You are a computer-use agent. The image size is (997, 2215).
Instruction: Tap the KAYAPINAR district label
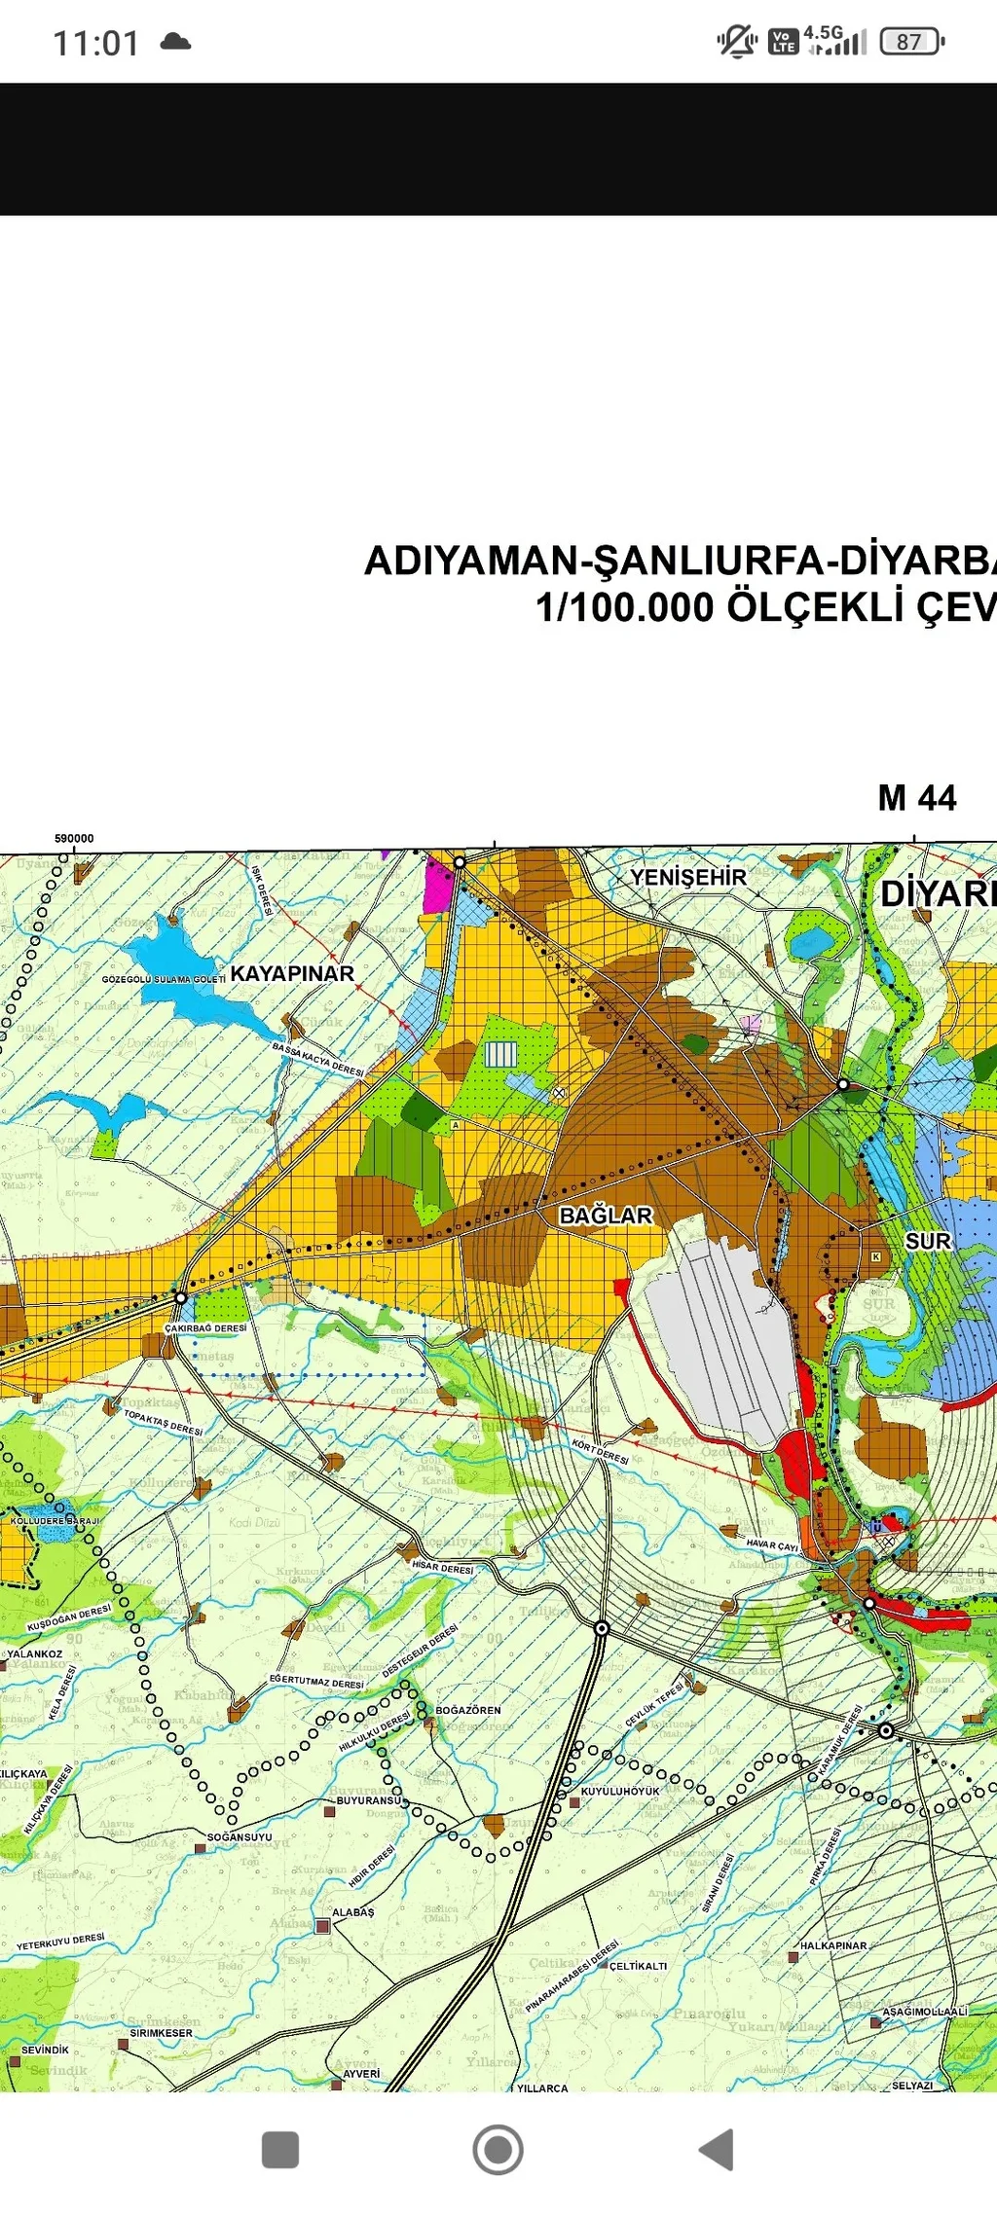pyautogui.click(x=292, y=973)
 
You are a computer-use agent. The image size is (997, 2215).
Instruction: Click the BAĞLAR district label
pyautogui.click(x=606, y=1215)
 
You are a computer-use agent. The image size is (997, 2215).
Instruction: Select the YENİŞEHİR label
pyautogui.click(x=687, y=877)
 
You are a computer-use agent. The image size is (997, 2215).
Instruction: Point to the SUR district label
pyautogui.click(x=927, y=1241)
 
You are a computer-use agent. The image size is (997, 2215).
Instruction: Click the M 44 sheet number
pyautogui.click(x=916, y=798)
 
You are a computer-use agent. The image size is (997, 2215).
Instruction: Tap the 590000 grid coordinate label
pyautogui.click(x=74, y=839)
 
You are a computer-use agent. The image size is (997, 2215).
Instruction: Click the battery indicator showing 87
pyautogui.click(x=910, y=42)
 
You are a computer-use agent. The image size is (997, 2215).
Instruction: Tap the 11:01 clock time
pyautogui.click(x=95, y=43)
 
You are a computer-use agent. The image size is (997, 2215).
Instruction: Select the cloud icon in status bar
pyautogui.click(x=175, y=41)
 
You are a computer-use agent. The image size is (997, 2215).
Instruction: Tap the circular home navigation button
pyautogui.click(x=498, y=2150)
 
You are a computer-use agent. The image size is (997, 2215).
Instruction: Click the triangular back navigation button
pyautogui.click(x=718, y=2150)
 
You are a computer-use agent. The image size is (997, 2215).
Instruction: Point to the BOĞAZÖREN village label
pyautogui.click(x=468, y=1710)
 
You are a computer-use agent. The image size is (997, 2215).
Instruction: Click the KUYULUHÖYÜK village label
pyautogui.click(x=620, y=1791)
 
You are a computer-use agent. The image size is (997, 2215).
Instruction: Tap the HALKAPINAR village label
pyautogui.click(x=833, y=1945)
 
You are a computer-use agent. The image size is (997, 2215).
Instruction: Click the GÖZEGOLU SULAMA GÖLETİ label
pyautogui.click(x=164, y=979)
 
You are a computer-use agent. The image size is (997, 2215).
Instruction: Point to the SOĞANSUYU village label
pyautogui.click(x=240, y=1837)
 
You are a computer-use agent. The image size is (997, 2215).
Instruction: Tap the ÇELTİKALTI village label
pyautogui.click(x=639, y=1966)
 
